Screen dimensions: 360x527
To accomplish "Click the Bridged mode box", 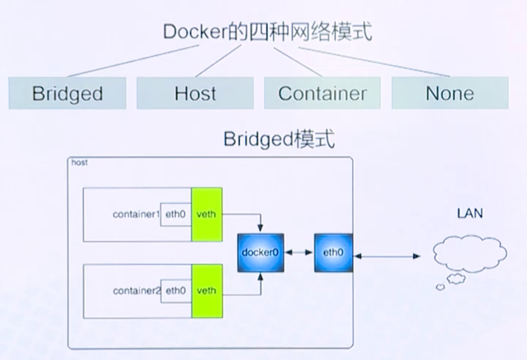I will tap(67, 93).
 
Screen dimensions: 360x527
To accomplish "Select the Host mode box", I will tap(195, 93).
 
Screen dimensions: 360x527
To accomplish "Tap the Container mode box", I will tap(322, 93).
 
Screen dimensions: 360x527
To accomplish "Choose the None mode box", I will tap(450, 93).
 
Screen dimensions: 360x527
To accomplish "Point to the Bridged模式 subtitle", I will tap(279, 140).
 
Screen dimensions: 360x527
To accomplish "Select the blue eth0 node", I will tap(333, 252).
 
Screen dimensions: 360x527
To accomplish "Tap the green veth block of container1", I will tap(207, 214).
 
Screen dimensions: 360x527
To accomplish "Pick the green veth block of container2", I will tap(207, 291).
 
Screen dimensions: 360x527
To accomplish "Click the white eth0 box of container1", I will tap(176, 214).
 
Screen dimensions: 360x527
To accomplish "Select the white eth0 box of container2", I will tap(176, 291).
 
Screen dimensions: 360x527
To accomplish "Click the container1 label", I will tap(136, 214).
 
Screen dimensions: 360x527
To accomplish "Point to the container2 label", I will tap(136, 291).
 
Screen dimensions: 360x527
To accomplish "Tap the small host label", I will tap(80, 163).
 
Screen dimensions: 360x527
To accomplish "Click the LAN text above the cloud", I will tap(470, 213).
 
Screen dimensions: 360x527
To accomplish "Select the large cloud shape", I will tap(469, 254).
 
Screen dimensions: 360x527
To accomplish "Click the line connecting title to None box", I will tap(373, 62).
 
